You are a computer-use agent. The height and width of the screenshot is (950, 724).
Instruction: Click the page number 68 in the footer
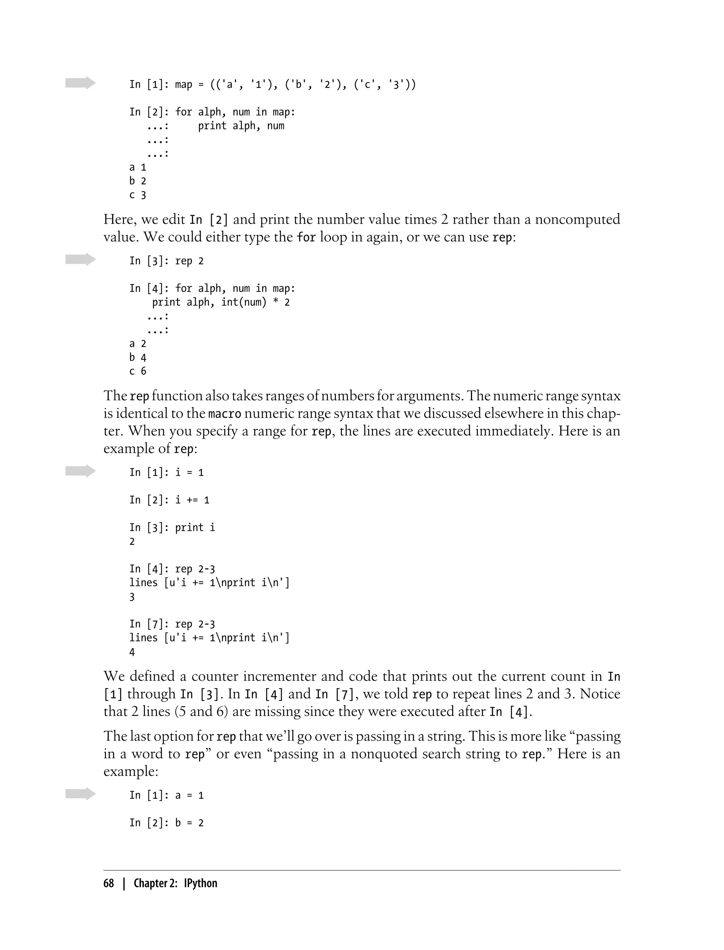pyautogui.click(x=109, y=883)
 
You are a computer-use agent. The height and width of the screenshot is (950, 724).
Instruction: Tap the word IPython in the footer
pyautogui.click(x=200, y=883)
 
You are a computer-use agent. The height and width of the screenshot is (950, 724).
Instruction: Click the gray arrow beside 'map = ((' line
pyautogui.click(x=80, y=83)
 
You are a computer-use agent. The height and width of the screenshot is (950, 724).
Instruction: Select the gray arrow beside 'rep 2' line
pyautogui.click(x=80, y=259)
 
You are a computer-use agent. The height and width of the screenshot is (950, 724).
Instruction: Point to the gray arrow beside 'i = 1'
pyautogui.click(x=80, y=471)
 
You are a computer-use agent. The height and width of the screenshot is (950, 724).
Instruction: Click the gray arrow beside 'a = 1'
pyautogui.click(x=80, y=793)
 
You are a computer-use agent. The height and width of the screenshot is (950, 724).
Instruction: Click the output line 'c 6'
pyautogui.click(x=138, y=371)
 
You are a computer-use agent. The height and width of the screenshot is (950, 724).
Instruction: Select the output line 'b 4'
pyautogui.click(x=138, y=358)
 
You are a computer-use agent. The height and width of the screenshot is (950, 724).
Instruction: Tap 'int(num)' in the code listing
pyautogui.click(x=244, y=303)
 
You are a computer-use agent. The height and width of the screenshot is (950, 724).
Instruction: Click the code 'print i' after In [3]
pyautogui.click(x=195, y=528)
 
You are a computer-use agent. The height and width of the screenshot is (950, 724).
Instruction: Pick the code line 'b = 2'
pyautogui.click(x=189, y=823)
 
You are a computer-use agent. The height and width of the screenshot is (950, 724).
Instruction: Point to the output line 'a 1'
pyautogui.click(x=138, y=168)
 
